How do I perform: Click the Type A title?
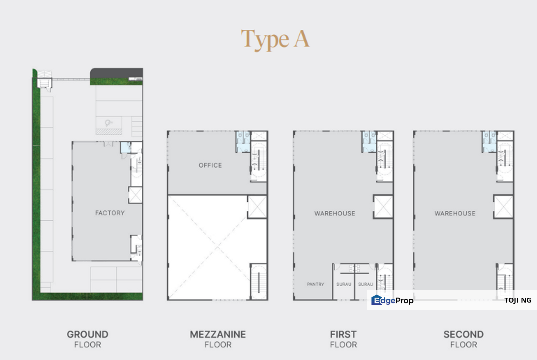pyautogui.click(x=275, y=39)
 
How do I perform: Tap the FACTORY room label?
pyautogui.click(x=110, y=213)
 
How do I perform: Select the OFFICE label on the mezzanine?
pyautogui.click(x=210, y=165)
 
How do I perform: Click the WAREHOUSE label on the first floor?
pyautogui.click(x=335, y=213)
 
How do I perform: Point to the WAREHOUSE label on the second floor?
pyautogui.click(x=455, y=213)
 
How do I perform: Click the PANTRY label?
pyautogui.click(x=315, y=284)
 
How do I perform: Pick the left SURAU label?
pyautogui.click(x=344, y=284)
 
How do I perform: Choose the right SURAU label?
pyautogui.click(x=366, y=284)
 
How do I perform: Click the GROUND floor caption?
pyautogui.click(x=87, y=334)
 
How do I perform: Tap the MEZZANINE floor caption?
pyautogui.click(x=218, y=334)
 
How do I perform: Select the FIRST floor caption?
pyautogui.click(x=343, y=334)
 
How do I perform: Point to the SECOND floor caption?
pyautogui.click(x=463, y=334)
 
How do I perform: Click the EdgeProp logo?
pyautogui.click(x=392, y=300)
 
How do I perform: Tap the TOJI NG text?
pyautogui.click(x=518, y=300)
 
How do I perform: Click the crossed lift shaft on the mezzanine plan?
pyautogui.click(x=257, y=207)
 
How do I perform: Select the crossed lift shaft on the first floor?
pyautogui.click(x=383, y=207)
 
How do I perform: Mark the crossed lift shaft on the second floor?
pyautogui.click(x=503, y=207)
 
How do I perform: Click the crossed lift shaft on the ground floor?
pyautogui.click(x=135, y=195)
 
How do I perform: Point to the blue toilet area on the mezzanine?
pyautogui.click(x=243, y=142)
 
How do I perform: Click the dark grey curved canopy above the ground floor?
pyautogui.click(x=117, y=73)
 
